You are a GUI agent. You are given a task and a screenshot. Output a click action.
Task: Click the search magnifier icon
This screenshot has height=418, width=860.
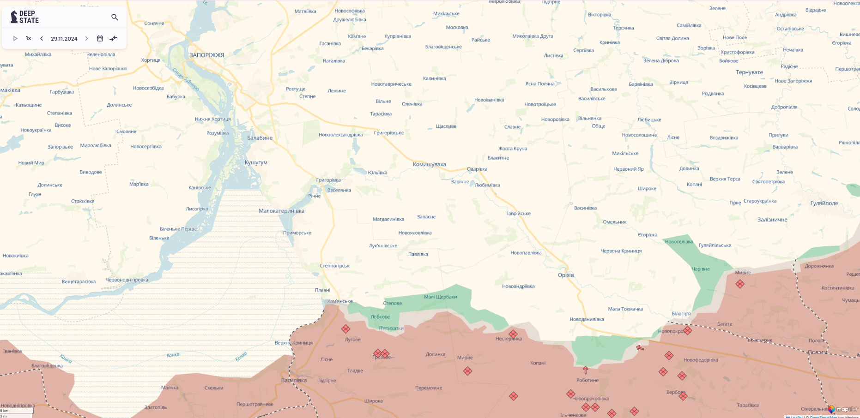(115, 18)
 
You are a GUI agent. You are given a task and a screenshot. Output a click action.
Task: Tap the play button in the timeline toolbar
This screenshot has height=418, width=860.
(15, 39)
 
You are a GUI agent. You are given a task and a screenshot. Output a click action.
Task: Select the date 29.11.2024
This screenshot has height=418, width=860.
(64, 39)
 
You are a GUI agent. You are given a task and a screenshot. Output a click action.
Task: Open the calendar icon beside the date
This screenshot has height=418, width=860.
(100, 39)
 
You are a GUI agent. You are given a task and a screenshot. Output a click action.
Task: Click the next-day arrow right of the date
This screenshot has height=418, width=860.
(86, 39)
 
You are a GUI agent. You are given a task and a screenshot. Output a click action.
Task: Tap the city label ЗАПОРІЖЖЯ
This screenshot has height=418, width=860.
(206, 55)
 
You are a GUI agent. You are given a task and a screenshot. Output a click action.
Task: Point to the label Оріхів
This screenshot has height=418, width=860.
(566, 275)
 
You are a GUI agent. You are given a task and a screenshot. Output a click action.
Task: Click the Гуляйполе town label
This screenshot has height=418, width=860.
(824, 203)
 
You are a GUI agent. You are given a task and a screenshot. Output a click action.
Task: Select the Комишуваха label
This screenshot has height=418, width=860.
(429, 164)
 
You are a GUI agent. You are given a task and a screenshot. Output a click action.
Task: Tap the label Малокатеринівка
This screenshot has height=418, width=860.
(281, 211)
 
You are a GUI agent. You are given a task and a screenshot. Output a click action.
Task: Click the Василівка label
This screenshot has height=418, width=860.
(294, 380)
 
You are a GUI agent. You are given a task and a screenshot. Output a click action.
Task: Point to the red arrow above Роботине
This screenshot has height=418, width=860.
(585, 370)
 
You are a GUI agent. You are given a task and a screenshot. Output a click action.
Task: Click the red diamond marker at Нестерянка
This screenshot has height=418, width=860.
(513, 334)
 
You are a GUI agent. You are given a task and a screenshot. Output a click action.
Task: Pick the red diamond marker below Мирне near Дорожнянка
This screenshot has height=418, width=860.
(740, 284)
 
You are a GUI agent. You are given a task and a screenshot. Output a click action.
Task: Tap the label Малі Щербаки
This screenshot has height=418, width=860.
(440, 297)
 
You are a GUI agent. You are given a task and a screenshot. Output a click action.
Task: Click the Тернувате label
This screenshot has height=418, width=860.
(749, 72)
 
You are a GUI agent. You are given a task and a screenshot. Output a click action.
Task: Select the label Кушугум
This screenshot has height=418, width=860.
(256, 162)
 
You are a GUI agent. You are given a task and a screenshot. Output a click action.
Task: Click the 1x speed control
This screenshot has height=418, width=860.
(28, 39)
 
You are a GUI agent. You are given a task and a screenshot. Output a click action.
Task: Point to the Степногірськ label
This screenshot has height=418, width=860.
(334, 266)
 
